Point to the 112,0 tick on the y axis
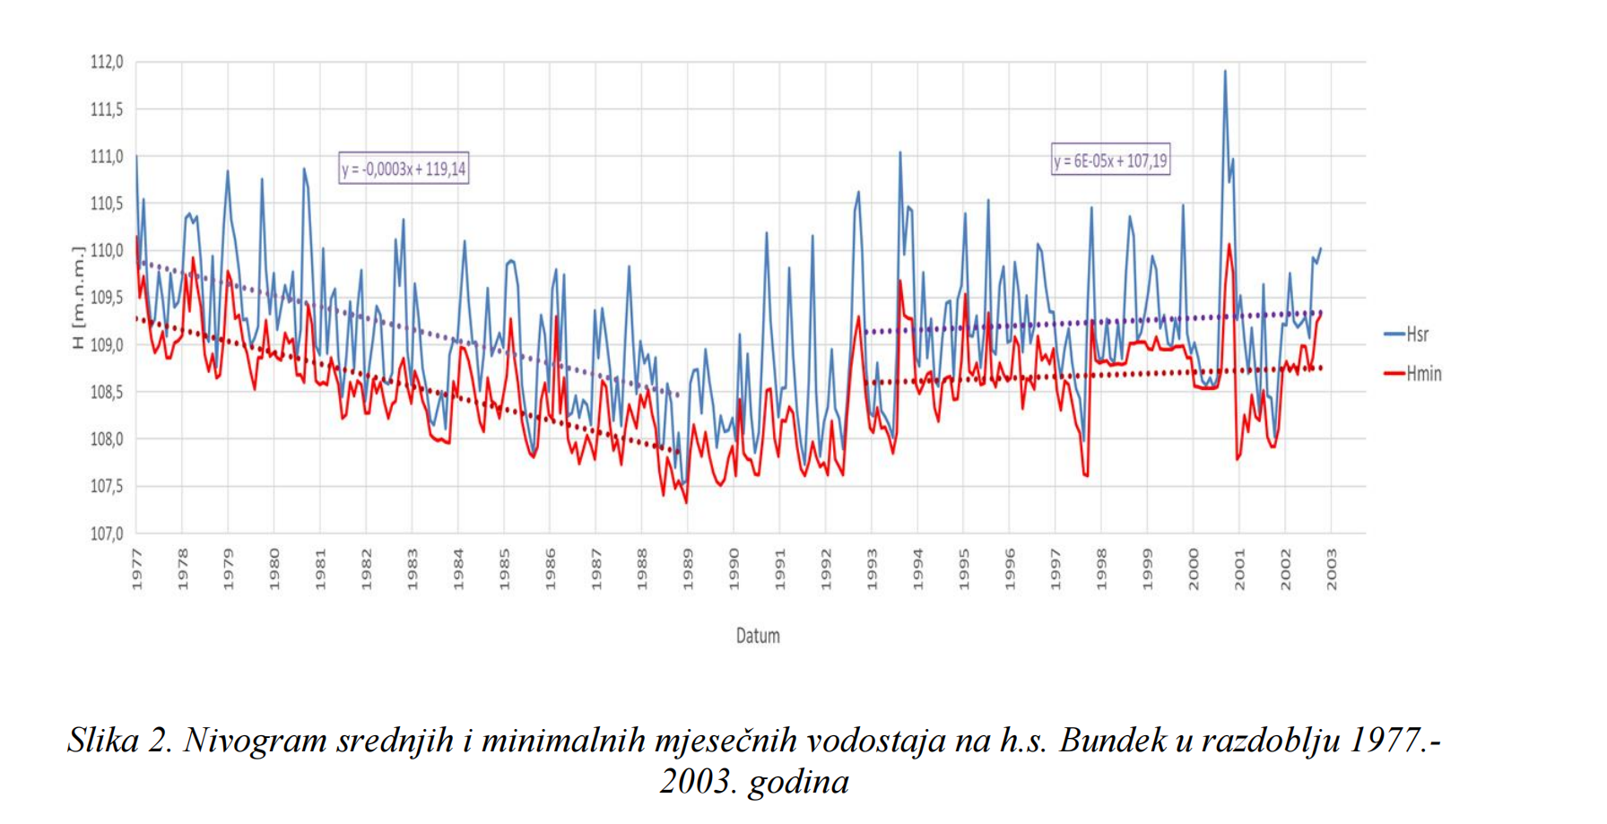tap(106, 63)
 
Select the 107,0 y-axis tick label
tap(106, 534)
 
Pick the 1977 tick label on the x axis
tap(137, 570)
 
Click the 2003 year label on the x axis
tap(1332, 570)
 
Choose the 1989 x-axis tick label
tap(688, 570)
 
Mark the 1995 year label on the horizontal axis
tap(964, 570)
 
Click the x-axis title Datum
tap(758, 636)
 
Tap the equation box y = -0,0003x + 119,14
tap(404, 169)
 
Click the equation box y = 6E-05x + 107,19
tap(1110, 161)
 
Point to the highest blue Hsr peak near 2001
tap(1225, 72)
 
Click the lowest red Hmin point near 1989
tap(687, 502)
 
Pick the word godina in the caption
tap(798, 782)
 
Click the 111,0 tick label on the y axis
tap(106, 157)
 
